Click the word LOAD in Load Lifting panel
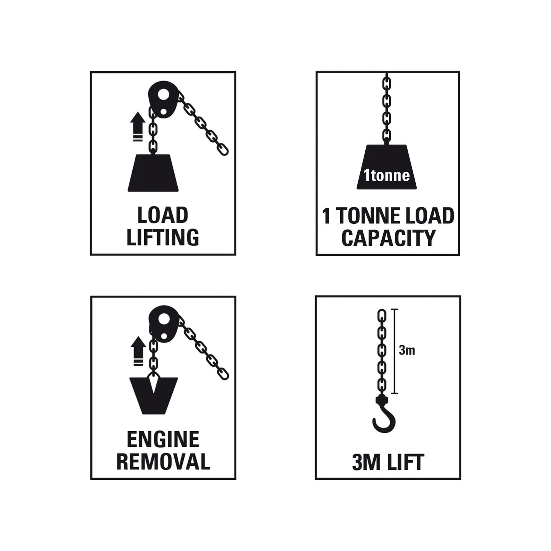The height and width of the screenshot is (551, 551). pos(163,215)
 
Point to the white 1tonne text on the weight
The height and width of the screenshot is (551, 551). pos(387,175)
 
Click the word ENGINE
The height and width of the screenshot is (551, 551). pos(163,440)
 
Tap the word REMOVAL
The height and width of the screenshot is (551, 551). pos(163,461)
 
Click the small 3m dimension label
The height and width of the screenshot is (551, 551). pos(407,350)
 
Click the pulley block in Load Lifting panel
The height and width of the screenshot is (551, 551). pos(162,101)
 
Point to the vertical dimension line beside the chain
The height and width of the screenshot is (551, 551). pos(395,351)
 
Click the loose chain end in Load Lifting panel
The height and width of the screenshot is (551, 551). pos(223,149)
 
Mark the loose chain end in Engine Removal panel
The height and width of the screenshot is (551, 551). pos(223,374)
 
